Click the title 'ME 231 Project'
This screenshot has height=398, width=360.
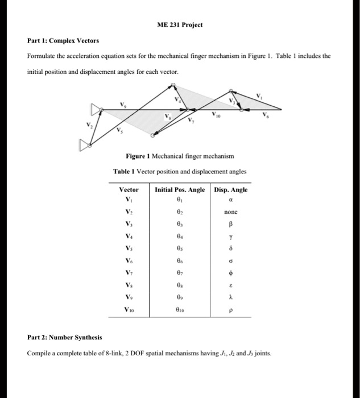point(180,26)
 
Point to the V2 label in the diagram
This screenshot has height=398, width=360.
point(88,126)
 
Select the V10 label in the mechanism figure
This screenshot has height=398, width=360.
point(216,116)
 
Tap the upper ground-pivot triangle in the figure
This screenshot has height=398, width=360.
point(95,109)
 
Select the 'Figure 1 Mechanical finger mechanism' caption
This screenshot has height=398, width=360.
point(180,156)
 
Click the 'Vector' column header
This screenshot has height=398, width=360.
point(129,190)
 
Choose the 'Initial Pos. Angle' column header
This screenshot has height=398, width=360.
point(181,190)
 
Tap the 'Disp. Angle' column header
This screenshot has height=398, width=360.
point(231,190)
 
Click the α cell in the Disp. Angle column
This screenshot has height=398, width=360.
point(230,200)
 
